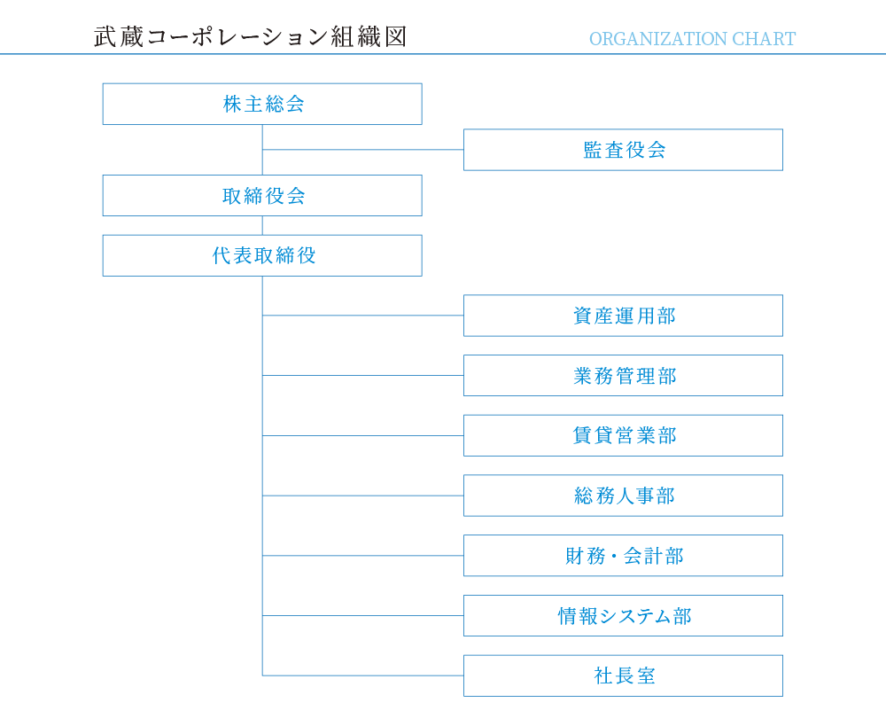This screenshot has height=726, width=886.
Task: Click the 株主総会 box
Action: point(262,104)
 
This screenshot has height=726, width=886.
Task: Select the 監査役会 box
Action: point(623,150)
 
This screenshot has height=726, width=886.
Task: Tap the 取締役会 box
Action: point(262,196)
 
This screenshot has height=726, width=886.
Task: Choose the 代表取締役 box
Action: point(262,255)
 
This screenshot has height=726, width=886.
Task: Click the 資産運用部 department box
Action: point(623,316)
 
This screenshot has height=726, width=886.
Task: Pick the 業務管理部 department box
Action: point(623,376)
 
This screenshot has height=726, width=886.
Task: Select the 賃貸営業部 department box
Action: point(623,435)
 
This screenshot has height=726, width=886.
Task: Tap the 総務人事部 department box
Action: point(623,496)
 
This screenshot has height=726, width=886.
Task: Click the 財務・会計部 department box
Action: point(623,556)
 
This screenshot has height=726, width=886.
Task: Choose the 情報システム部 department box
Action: point(623,616)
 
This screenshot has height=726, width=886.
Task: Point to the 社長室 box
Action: point(623,675)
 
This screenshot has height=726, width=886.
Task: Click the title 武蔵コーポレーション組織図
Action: point(251,36)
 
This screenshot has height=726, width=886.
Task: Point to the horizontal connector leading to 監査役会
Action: point(362,150)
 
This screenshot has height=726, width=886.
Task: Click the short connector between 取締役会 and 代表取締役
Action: point(262,226)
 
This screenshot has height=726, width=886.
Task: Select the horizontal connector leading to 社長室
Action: point(362,675)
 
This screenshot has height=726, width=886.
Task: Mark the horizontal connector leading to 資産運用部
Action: point(362,316)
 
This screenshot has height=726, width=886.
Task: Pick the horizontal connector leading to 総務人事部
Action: point(362,496)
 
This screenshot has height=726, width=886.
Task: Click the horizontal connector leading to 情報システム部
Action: point(362,616)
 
